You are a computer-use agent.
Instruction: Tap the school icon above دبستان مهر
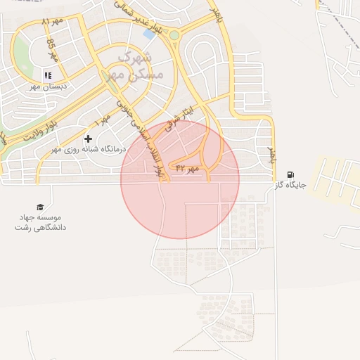(48, 75)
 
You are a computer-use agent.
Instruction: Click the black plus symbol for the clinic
(88, 139)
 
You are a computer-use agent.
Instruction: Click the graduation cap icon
(40, 207)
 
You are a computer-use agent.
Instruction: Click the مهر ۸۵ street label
(52, 49)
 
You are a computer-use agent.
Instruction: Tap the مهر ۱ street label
(103, 120)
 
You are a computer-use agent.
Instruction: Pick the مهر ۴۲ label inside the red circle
(188, 169)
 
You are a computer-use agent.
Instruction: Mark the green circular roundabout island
(174, 34)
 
